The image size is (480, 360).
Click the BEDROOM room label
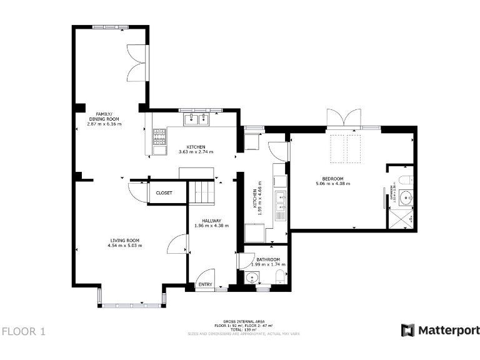click(x=332, y=178)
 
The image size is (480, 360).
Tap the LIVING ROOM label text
click(x=124, y=240)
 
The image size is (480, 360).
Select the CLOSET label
click(x=164, y=193)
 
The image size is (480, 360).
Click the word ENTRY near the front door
click(x=204, y=285)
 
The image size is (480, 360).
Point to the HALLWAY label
click(x=211, y=220)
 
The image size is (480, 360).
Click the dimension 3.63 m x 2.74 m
click(x=196, y=152)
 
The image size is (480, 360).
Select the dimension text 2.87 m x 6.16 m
click(x=104, y=124)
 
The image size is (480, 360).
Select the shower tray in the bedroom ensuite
click(x=401, y=219)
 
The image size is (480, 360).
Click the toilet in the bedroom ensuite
click(x=405, y=181)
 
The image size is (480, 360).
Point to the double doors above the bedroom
click(x=344, y=117)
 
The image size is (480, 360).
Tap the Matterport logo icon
click(x=407, y=330)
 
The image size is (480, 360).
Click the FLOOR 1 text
click(x=24, y=331)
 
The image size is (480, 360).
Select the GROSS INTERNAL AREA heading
click(x=244, y=321)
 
